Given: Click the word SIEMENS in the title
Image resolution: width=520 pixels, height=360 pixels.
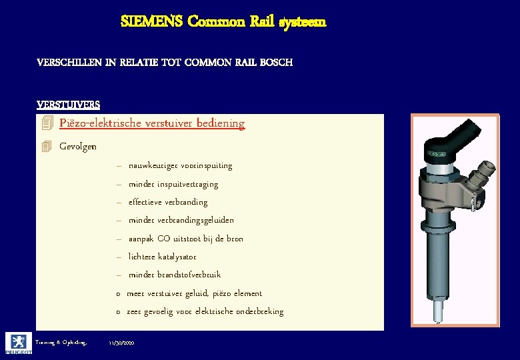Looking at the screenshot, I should (151, 21).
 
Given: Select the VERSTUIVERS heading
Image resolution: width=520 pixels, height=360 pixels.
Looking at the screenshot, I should (69, 105).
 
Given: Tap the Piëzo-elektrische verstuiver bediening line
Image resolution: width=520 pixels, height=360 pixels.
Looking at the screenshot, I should (151, 123).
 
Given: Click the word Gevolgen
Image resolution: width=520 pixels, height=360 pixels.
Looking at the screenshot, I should (77, 147).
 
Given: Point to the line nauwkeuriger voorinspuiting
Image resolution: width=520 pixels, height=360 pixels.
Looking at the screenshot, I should (180, 165).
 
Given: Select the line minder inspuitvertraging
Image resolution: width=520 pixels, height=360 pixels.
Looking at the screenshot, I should (173, 184).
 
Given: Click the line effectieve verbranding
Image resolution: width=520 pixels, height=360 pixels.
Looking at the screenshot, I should (167, 202).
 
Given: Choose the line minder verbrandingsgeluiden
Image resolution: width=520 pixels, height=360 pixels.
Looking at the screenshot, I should (181, 220).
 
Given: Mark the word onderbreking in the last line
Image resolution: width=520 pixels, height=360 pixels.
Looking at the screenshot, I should (258, 311).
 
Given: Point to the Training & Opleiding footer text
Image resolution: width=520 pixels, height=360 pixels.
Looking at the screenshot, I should (62, 342).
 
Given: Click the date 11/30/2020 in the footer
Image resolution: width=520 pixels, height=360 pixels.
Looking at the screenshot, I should (122, 342).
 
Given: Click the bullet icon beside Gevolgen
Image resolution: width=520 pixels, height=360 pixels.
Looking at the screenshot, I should (46, 147).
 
